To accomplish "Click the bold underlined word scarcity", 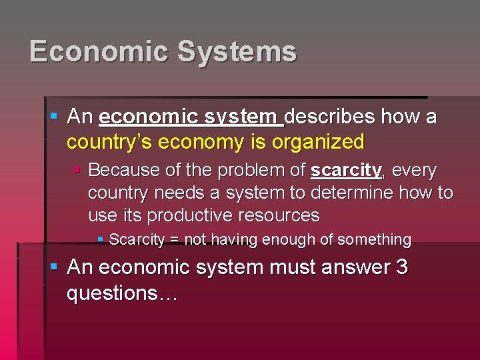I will tap(346, 171).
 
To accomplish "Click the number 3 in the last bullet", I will tap(401, 267).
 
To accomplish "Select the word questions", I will tap(116, 293).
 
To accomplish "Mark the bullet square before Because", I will tap(77, 171).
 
